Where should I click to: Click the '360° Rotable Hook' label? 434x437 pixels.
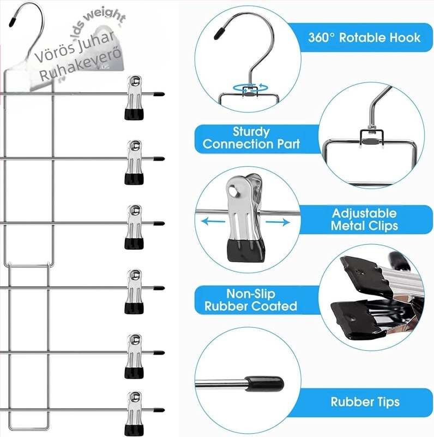click(364, 38)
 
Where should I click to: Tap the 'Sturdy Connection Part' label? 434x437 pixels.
click(251, 138)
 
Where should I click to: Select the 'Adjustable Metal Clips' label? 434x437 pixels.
click(364, 219)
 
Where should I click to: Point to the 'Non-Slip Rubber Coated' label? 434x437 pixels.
click(251, 300)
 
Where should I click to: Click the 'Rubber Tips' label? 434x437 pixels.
click(364, 403)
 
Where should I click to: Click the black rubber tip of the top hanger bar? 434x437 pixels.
click(159, 94)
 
